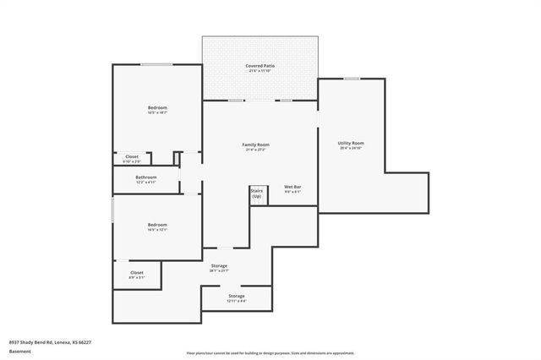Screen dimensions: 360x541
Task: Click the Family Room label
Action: [255, 145]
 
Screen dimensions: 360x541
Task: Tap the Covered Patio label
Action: [260, 65]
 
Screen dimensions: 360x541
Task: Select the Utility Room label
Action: [351, 143]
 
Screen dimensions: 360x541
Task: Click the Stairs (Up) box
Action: [257, 194]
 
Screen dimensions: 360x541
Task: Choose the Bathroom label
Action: [146, 177]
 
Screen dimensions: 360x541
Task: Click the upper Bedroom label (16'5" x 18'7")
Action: [157, 107]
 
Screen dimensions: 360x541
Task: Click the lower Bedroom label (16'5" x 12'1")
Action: [157, 224]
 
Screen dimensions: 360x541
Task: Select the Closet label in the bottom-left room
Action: [137, 272]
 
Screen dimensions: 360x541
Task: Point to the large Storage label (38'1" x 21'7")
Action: [219, 266]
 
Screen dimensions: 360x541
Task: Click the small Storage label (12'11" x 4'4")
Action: [236, 296]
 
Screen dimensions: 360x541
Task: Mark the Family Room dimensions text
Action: [255, 150]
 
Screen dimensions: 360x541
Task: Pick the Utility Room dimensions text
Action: [351, 148]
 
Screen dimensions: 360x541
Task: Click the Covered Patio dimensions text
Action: [260, 71]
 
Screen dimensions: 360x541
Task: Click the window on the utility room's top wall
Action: [351, 79]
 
